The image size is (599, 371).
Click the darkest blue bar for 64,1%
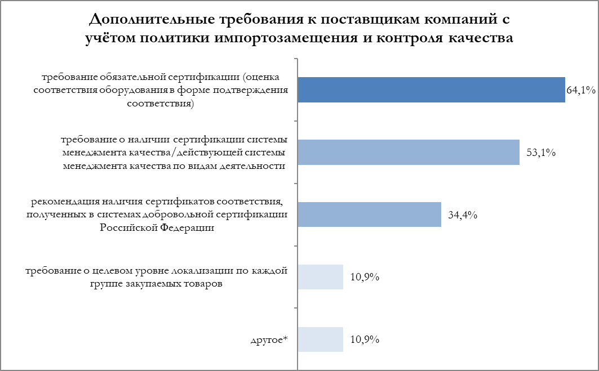(431, 90)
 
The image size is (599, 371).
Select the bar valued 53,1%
(408, 152)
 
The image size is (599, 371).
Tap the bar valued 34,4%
(369, 214)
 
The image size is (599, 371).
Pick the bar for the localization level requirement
(320, 277)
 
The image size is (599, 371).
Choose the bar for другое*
(320, 339)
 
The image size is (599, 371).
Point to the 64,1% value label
(581, 90)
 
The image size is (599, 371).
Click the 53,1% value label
(541, 153)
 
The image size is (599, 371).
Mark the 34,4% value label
(463, 215)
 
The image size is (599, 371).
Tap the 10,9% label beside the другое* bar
(365, 340)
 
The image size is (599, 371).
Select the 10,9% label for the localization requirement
(365, 278)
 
